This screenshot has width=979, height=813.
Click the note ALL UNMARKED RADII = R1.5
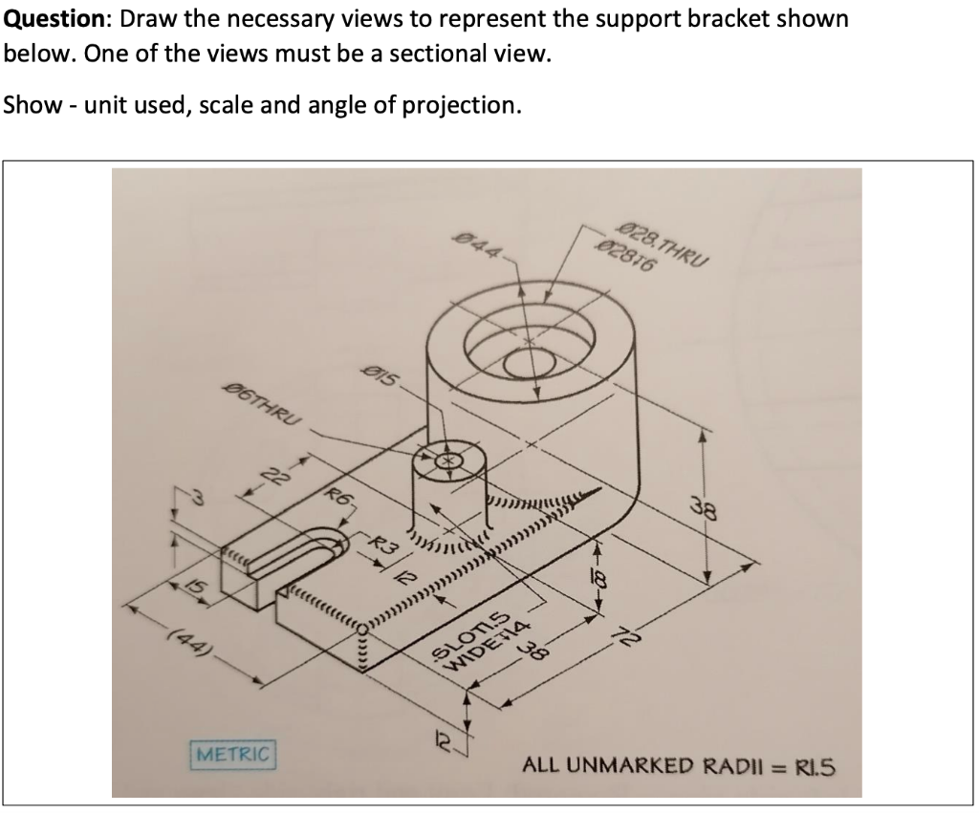tap(678, 765)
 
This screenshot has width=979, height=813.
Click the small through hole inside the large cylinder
tap(526, 365)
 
